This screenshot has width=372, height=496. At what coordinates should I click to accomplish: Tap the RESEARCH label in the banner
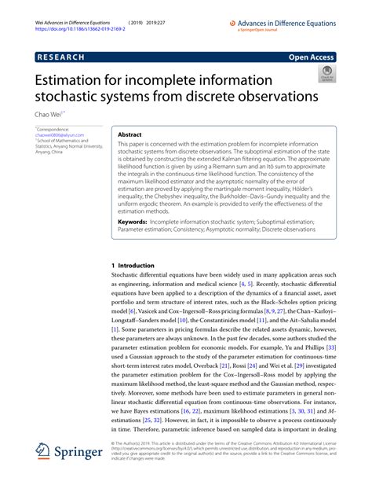[63, 57]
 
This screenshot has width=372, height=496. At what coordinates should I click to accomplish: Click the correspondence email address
[59, 134]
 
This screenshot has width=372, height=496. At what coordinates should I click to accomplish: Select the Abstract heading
[129, 135]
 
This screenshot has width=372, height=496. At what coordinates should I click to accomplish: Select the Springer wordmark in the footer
[78, 474]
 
